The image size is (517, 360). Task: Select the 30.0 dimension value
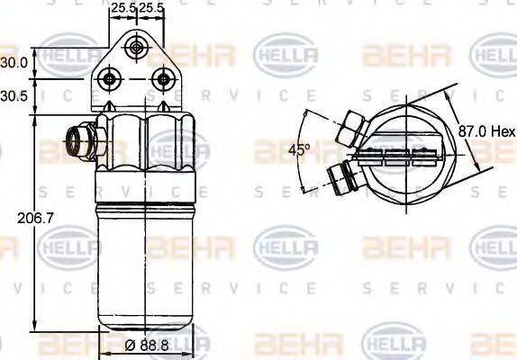13,62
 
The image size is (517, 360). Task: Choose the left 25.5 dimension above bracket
123,9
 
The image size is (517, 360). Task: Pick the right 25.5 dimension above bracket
150,9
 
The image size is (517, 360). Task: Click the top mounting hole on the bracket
137,46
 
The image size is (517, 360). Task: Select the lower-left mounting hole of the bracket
110,79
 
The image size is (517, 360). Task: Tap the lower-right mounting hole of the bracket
163,79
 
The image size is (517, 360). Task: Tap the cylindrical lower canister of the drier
144,270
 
